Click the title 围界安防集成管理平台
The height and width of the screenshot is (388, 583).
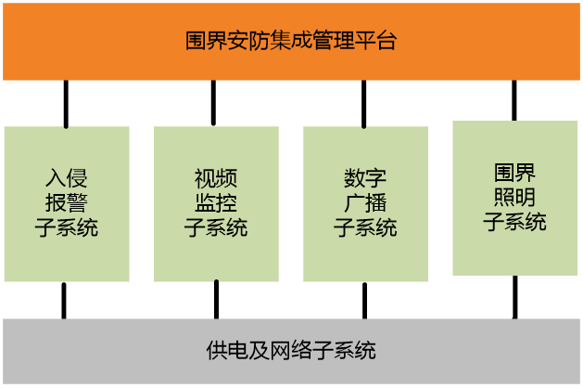pos(291,41)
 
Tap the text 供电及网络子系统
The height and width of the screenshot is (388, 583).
pos(291,351)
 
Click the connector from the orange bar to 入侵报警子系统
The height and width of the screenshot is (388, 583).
pos(66,103)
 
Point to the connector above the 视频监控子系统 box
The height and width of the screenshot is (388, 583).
pos(213,103)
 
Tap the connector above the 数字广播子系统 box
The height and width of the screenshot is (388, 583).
pos(363,103)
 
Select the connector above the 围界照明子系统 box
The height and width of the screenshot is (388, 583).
pos(514,100)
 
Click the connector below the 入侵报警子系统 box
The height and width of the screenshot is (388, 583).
pos(64,300)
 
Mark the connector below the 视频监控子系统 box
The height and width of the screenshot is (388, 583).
pos(216,300)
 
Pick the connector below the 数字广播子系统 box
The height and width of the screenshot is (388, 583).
pos(365,300)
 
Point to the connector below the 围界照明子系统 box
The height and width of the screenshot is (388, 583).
pos(515,297)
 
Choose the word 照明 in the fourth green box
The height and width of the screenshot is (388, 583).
pos(514,197)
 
